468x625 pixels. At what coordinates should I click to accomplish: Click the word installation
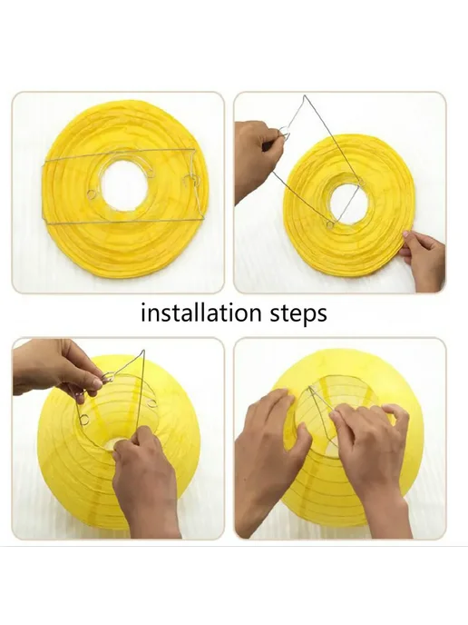[x=201, y=312]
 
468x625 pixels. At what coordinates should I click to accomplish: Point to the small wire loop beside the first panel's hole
[x=92, y=194]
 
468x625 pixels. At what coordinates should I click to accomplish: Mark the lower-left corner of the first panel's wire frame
[x=44, y=222]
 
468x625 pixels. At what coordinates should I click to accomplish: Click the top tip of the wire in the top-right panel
[x=305, y=96]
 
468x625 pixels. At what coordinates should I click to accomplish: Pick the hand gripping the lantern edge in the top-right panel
[x=423, y=259]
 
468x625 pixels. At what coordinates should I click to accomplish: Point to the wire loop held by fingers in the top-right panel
[x=284, y=132]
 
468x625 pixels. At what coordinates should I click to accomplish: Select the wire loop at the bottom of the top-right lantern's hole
[x=330, y=225]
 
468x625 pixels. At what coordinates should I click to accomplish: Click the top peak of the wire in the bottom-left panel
[x=143, y=351]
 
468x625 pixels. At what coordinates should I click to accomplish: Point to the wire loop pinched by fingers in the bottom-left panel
[x=107, y=377]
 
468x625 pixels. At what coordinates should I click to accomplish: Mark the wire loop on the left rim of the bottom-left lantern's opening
[x=84, y=420]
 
